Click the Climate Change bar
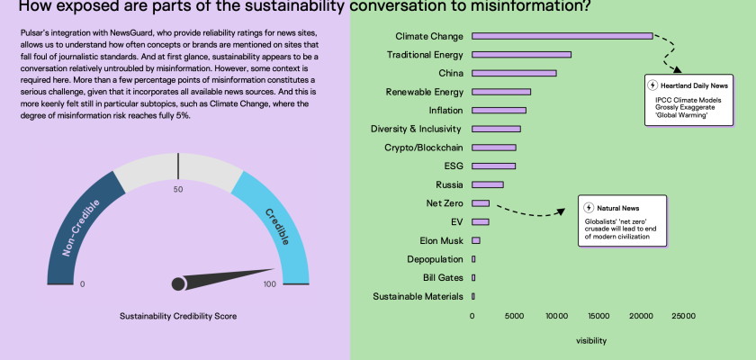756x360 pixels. click(x=562, y=36)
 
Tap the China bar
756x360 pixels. click(x=514, y=73)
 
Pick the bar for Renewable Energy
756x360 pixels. click(x=501, y=92)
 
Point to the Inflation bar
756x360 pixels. click(x=499, y=110)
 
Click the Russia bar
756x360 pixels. click(x=487, y=184)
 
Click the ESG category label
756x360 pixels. click(x=454, y=166)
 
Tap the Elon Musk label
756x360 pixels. click(x=441, y=240)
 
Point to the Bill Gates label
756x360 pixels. click(x=443, y=277)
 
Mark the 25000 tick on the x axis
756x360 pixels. click(x=683, y=316)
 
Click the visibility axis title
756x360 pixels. click(x=591, y=340)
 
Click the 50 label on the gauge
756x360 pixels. click(x=178, y=189)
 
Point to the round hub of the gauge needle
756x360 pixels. click(x=178, y=284)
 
